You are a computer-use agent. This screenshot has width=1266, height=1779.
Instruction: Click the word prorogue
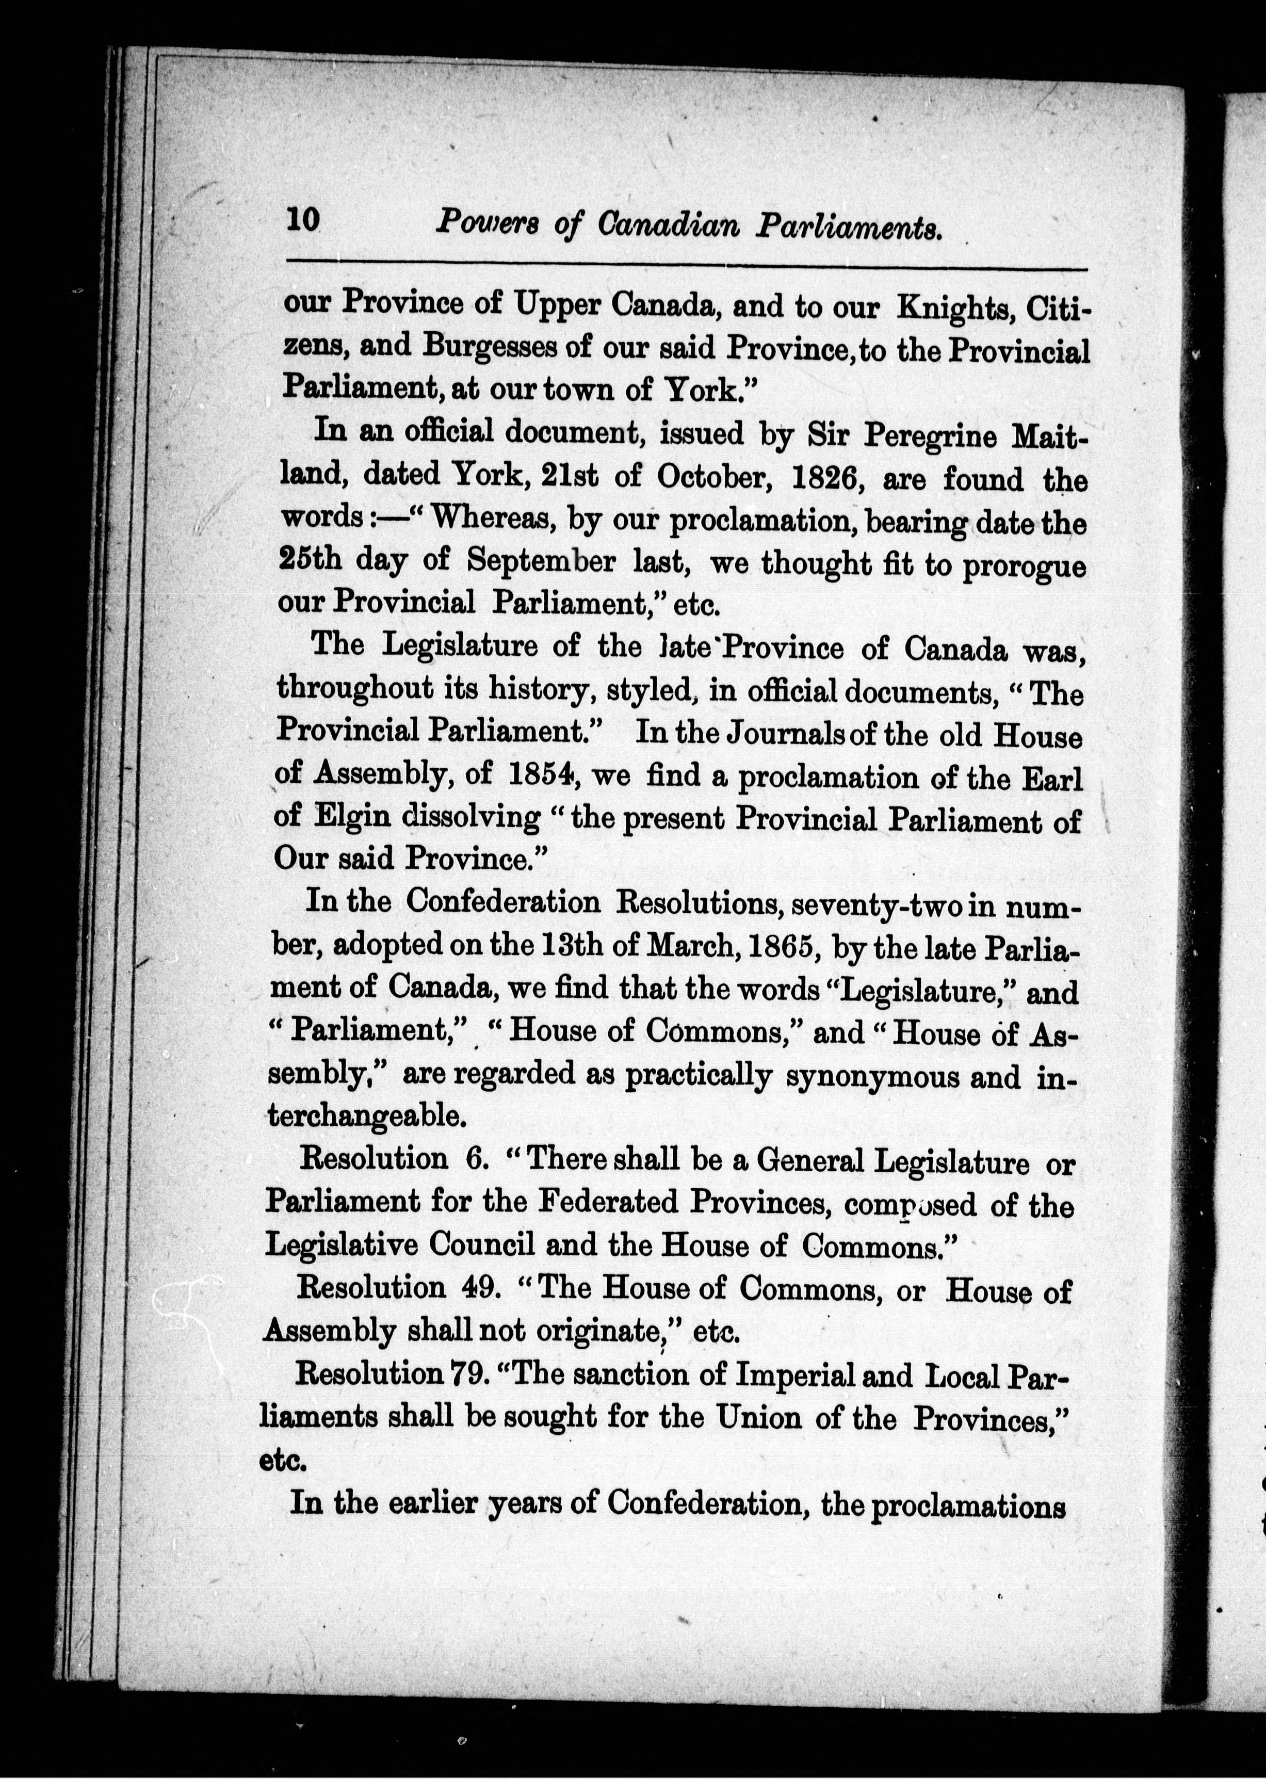[x=1024, y=564]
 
